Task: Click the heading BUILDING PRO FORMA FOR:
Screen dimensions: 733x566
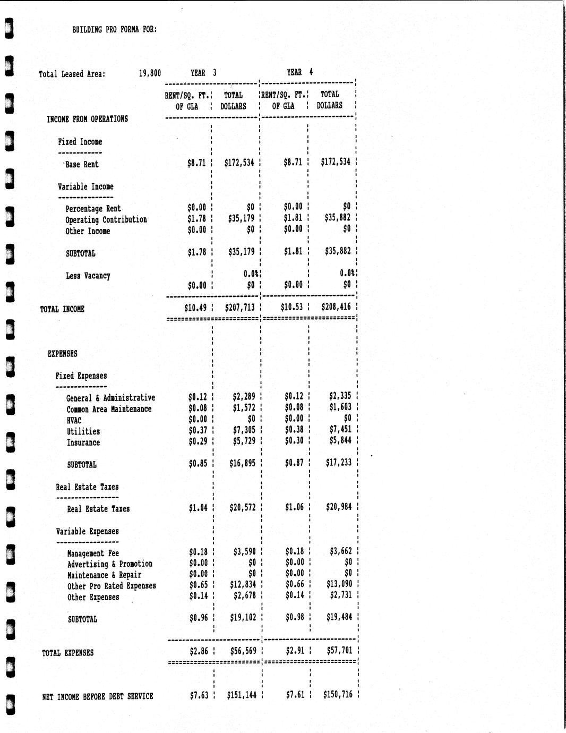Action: pos(115,30)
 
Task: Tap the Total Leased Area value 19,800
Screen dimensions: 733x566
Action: pos(150,73)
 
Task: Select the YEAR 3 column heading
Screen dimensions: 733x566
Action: pos(203,73)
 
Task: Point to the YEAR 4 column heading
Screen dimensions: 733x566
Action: pos(300,72)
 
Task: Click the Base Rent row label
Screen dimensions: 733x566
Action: pos(82,165)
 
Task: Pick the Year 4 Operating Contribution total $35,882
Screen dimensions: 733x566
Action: pos(338,218)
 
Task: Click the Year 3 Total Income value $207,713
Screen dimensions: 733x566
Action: pos(239,308)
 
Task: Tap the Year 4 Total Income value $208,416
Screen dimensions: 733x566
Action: pos(336,307)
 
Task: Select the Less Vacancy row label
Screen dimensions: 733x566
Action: pos(88,276)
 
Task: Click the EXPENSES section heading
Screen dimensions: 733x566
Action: pos(63,354)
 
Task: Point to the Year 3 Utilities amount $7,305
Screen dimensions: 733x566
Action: pos(244,430)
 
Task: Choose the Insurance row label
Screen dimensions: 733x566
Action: pos(83,443)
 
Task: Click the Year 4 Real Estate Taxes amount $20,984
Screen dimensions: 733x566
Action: pos(339,507)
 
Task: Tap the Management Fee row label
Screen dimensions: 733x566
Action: pos(93,553)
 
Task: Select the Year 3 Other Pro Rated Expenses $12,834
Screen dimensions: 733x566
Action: pos(243,585)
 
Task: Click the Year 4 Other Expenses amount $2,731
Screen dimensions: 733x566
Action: pos(340,595)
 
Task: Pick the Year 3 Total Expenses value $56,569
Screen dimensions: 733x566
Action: pos(243,651)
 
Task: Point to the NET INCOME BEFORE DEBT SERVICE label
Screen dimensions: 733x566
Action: pos(98,696)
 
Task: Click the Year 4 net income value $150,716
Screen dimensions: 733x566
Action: pos(338,695)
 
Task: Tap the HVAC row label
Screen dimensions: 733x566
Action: pos(74,421)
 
